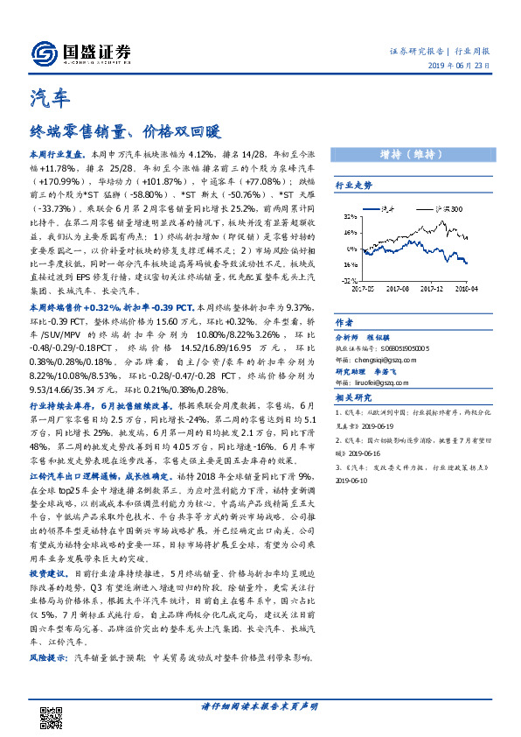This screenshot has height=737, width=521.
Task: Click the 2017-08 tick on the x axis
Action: [x=397, y=286]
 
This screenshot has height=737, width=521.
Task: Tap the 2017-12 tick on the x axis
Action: [x=435, y=286]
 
